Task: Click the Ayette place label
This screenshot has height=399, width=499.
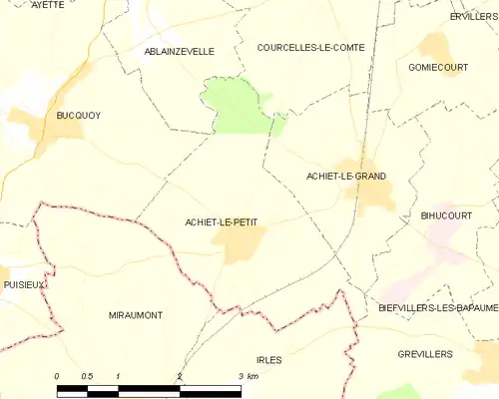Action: (47, 5)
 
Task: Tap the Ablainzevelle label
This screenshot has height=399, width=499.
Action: (180, 51)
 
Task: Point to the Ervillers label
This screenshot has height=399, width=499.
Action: (473, 17)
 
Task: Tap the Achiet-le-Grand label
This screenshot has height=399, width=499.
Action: (346, 176)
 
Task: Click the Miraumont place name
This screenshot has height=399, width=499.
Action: (135, 315)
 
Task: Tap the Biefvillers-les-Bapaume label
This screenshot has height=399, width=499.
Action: (438, 307)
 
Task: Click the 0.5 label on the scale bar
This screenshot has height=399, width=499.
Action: (87, 376)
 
